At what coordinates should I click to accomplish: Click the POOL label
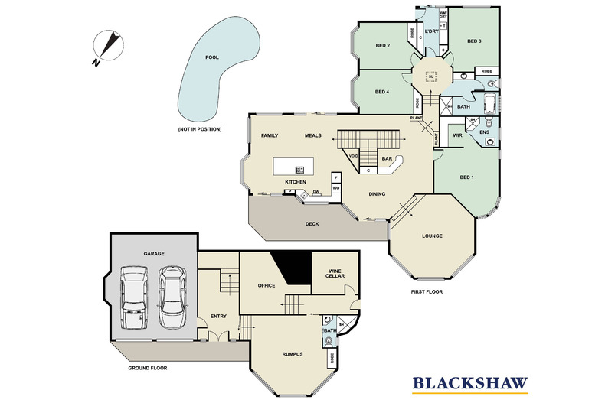(x=211, y=57)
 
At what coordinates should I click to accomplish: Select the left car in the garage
(x=133, y=290)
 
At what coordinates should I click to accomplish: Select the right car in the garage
(x=172, y=290)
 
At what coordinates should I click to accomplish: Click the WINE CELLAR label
(x=335, y=274)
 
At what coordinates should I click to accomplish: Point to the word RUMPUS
(x=292, y=353)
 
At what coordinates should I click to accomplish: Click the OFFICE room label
(x=266, y=285)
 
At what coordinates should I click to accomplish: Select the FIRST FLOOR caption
(x=427, y=291)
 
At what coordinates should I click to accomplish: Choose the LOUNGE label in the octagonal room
(x=433, y=236)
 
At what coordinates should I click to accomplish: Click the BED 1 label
(x=467, y=177)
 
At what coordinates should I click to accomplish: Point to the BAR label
(x=387, y=159)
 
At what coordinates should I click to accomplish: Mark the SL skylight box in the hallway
(x=431, y=76)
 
